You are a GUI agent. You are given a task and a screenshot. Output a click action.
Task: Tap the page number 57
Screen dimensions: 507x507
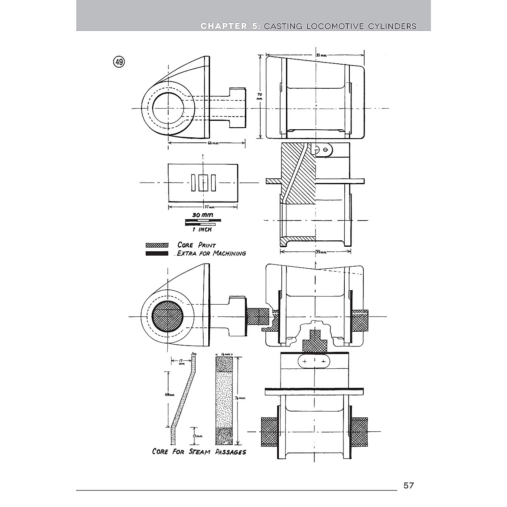click(x=409, y=485)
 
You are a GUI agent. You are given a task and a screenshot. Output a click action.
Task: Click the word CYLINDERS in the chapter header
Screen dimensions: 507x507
click(x=389, y=26)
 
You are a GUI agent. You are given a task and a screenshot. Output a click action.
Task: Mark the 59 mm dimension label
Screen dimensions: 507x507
click(x=321, y=252)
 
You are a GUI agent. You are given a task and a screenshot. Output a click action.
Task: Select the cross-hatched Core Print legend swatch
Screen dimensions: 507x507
click(x=157, y=245)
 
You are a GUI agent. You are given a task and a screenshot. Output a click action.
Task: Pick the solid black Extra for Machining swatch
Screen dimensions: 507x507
click(x=157, y=253)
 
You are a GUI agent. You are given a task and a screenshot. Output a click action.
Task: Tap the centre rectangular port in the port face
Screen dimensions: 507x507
click(x=203, y=183)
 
